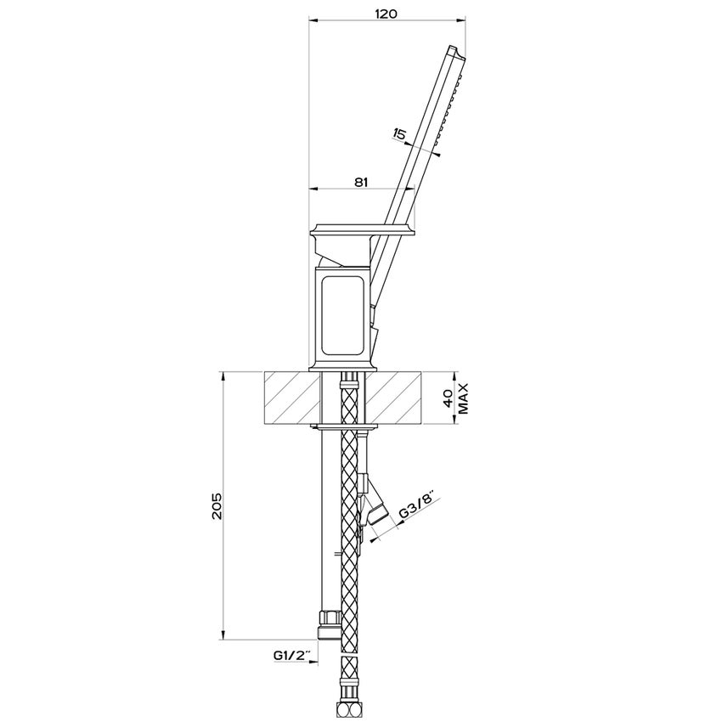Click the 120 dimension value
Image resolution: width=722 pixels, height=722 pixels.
[386, 14]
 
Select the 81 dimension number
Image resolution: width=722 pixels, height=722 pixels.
[362, 182]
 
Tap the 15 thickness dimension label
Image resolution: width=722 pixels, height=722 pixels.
[399, 134]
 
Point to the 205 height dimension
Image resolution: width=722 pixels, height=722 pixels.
[217, 506]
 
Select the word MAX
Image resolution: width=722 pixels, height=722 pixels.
[463, 398]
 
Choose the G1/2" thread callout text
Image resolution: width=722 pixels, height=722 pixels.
[293, 655]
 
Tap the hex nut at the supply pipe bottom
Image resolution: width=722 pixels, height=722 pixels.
[330, 625]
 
